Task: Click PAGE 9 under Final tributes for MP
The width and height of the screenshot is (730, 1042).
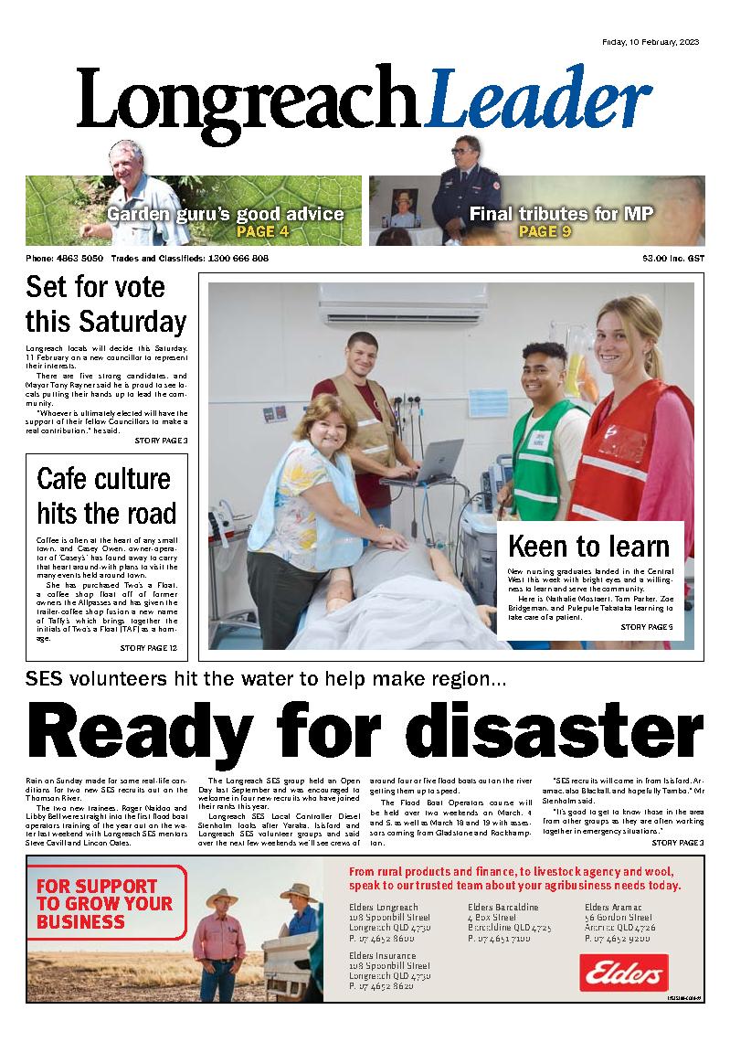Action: tap(545, 231)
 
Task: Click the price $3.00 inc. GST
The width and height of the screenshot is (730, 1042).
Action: tap(672, 259)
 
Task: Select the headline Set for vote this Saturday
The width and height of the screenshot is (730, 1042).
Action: tap(106, 304)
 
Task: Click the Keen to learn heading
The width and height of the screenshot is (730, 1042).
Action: tap(589, 547)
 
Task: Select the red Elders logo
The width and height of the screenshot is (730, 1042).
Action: tap(623, 973)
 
